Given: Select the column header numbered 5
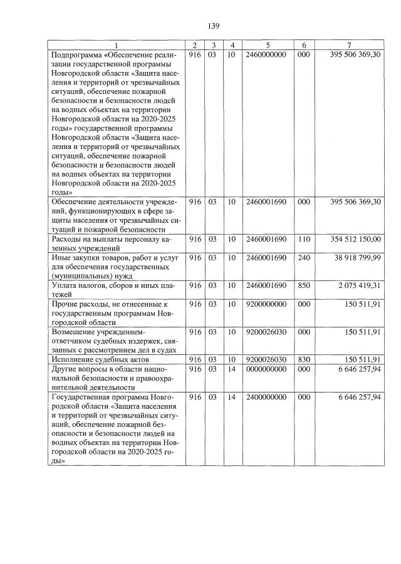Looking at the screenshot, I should pyautogui.click(x=267, y=45).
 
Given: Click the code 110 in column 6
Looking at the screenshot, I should pyautogui.click(x=304, y=239).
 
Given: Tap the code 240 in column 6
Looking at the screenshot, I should pyautogui.click(x=304, y=257).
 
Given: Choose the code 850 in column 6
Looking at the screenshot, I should pyautogui.click(x=304, y=284).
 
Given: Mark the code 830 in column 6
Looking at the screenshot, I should pyautogui.click(x=304, y=359).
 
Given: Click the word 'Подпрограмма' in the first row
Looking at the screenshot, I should pyautogui.click(x=78, y=54).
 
